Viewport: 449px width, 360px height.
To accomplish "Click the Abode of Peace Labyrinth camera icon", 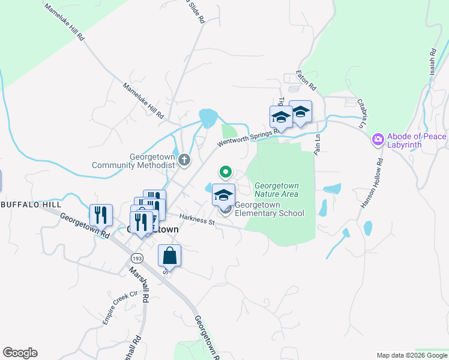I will point(378,140).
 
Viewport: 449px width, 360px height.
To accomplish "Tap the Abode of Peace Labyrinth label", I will point(417,140).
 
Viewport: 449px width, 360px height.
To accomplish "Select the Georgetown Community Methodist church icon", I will point(184,160).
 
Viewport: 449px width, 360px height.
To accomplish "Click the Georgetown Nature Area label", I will point(276,190).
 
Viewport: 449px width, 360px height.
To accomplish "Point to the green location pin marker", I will point(226,172).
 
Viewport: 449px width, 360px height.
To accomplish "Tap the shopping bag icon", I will point(170,256).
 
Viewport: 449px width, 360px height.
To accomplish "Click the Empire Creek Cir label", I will point(120,308).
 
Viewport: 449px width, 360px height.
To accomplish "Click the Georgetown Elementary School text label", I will point(270,208).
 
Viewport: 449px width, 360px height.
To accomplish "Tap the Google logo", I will point(20,353).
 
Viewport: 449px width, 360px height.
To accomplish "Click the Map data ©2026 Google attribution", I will point(412,355).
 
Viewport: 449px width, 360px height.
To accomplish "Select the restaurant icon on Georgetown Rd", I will point(100,214).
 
